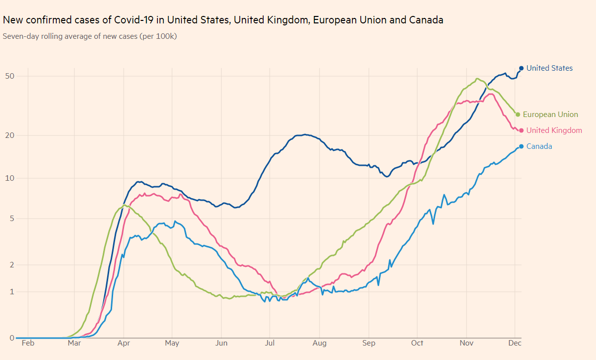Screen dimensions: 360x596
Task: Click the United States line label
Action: click(549, 68)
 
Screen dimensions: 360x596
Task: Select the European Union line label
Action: click(550, 115)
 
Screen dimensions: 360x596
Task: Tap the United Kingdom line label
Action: click(554, 130)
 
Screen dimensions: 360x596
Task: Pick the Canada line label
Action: click(539, 146)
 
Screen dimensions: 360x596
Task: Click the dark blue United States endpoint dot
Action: click(521, 68)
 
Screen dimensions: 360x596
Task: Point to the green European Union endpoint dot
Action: click(518, 115)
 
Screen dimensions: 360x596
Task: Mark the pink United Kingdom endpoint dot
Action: click(521, 130)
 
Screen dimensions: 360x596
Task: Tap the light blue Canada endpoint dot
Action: click(521, 146)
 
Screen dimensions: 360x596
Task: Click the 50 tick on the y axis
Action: click(9, 76)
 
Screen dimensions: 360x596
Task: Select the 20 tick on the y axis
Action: click(9, 135)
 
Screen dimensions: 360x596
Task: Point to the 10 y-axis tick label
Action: click(9, 178)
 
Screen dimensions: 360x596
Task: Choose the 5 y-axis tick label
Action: click(11, 219)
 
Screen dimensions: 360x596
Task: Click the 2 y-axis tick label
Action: click(11, 264)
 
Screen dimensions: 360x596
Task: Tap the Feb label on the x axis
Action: click(28, 343)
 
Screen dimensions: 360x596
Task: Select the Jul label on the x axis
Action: click(270, 343)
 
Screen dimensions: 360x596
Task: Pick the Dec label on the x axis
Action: click(514, 343)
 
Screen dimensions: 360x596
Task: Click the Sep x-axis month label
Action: click(369, 343)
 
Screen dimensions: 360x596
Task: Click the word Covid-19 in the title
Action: click(134, 20)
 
